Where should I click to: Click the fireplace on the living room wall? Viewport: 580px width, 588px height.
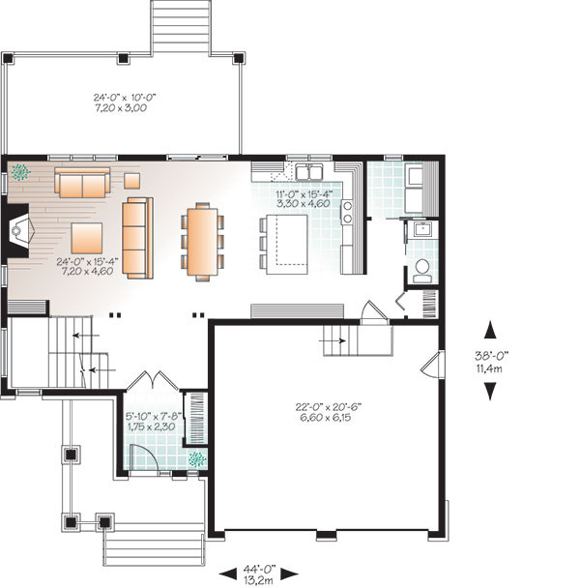[x=18, y=230]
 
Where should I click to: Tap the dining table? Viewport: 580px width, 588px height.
[x=203, y=242]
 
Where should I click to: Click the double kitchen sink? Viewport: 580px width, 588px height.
[x=309, y=172]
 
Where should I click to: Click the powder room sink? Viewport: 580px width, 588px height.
[x=422, y=229]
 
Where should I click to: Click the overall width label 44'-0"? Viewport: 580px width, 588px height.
[x=259, y=569]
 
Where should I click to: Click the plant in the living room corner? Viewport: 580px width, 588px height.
[x=20, y=172]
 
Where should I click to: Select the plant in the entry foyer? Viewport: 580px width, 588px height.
[x=197, y=459]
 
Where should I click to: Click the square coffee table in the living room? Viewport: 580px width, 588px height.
[x=87, y=238]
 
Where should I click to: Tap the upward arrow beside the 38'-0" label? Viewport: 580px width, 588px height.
[x=490, y=331]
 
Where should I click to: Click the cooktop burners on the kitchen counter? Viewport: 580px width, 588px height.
[x=347, y=212]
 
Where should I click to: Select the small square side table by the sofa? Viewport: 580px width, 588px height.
[x=132, y=181]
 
